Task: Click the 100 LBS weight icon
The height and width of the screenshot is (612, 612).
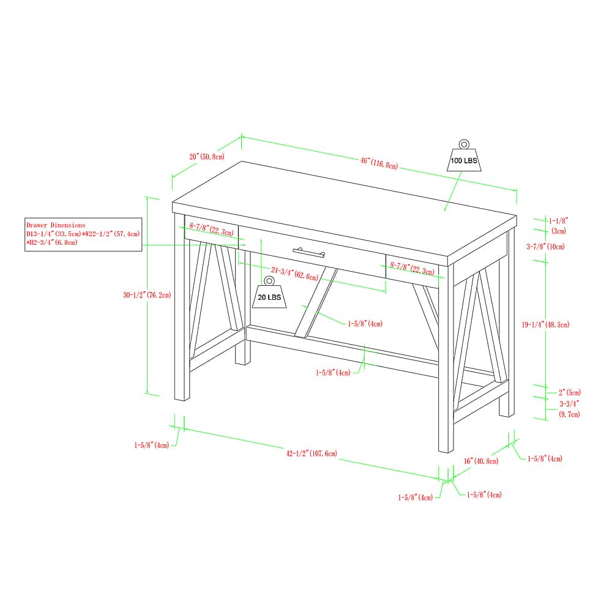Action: [x=464, y=155]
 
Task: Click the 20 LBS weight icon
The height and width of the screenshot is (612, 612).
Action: [x=269, y=292]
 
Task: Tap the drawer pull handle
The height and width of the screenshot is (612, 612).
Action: [x=308, y=252]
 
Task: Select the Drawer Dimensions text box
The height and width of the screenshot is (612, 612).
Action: [x=83, y=234]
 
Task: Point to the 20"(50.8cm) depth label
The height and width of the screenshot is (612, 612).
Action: [x=207, y=157]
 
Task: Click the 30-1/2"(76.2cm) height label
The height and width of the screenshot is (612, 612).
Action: [x=147, y=295]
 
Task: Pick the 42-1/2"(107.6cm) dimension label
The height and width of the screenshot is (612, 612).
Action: [x=312, y=453]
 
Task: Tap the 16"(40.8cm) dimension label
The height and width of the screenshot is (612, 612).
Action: [x=481, y=461]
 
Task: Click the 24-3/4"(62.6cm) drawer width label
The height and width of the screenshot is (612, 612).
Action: [x=295, y=274]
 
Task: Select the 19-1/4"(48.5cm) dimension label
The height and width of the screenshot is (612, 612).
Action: [x=546, y=324]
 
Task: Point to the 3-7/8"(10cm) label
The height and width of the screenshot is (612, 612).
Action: [x=546, y=246]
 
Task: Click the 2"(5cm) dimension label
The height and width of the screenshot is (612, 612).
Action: [x=569, y=392]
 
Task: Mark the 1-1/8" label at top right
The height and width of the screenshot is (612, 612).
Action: [x=559, y=221]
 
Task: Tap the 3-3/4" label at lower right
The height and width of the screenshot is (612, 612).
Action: [x=569, y=404]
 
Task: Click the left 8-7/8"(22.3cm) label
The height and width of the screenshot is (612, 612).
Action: [x=212, y=229]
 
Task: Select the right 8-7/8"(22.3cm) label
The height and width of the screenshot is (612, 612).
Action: [x=412, y=268]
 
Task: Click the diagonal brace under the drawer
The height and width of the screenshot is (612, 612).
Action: [x=316, y=302]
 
